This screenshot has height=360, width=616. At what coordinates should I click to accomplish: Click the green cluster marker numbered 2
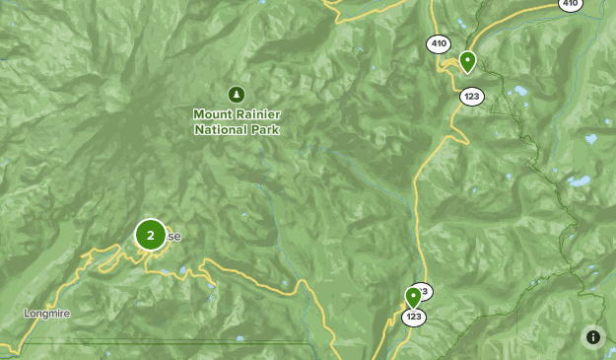(150, 235)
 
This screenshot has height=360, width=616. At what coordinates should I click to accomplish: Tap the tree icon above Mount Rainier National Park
(236, 95)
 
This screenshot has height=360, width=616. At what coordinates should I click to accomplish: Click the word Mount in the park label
(212, 113)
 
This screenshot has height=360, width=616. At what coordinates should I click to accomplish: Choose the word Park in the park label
(266, 129)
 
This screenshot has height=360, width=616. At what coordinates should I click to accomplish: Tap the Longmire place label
(47, 314)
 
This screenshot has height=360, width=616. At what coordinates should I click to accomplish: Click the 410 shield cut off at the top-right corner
(571, 4)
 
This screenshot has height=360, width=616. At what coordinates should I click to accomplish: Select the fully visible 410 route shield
(439, 43)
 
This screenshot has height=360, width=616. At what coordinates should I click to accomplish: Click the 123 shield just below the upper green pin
(471, 97)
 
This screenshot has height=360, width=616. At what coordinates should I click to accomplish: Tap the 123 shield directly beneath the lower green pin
(414, 317)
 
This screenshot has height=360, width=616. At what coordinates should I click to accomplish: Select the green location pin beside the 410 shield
(468, 61)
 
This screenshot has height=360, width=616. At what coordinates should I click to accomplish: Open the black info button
(593, 336)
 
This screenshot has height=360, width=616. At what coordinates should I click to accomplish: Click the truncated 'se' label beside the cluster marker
(173, 237)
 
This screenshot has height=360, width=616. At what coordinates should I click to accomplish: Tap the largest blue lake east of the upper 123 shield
(519, 92)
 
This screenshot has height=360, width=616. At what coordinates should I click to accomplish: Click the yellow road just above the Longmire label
(59, 292)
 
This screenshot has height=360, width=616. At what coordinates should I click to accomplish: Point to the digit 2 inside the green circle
(150, 235)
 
